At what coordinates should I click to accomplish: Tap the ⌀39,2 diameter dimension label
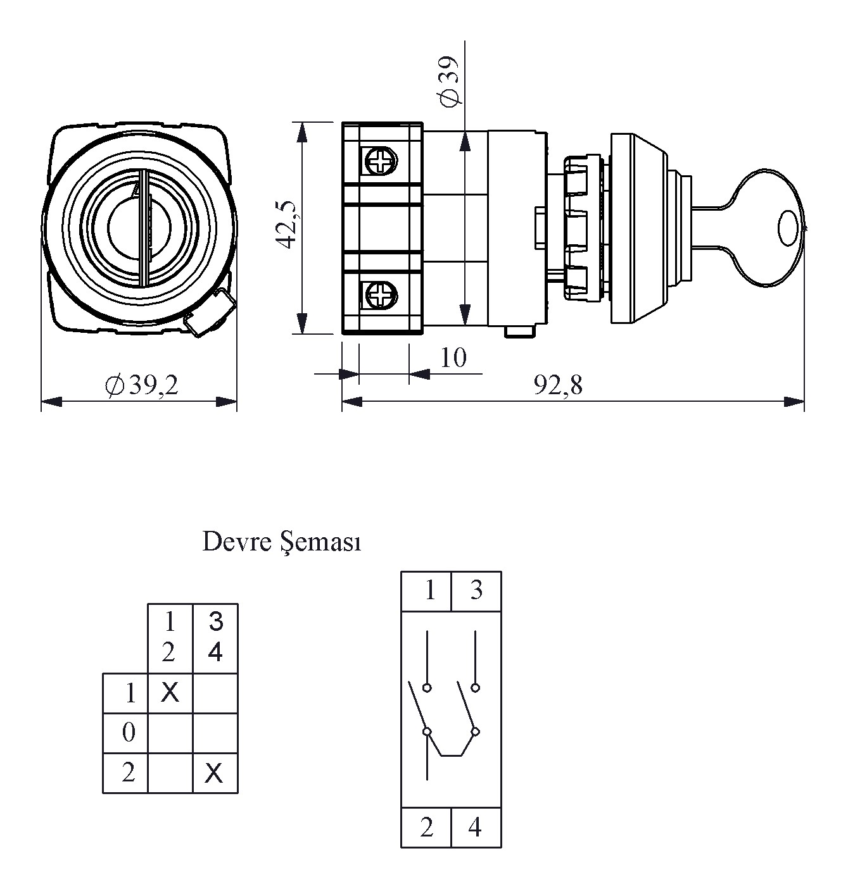[142, 385]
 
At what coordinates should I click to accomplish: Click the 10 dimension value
[453, 358]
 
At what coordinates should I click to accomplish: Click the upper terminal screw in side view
[380, 161]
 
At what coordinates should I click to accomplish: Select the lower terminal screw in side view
[380, 295]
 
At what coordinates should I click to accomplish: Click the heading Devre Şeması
[282, 542]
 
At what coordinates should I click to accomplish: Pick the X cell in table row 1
[170, 693]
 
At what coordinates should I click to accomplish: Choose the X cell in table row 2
[215, 773]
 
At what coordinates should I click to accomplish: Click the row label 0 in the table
[129, 733]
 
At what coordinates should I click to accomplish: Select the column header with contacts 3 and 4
[215, 637]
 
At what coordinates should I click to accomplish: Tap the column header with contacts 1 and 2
[169, 637]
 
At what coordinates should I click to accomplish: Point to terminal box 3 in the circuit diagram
[476, 591]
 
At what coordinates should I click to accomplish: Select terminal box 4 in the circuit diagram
[476, 827]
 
